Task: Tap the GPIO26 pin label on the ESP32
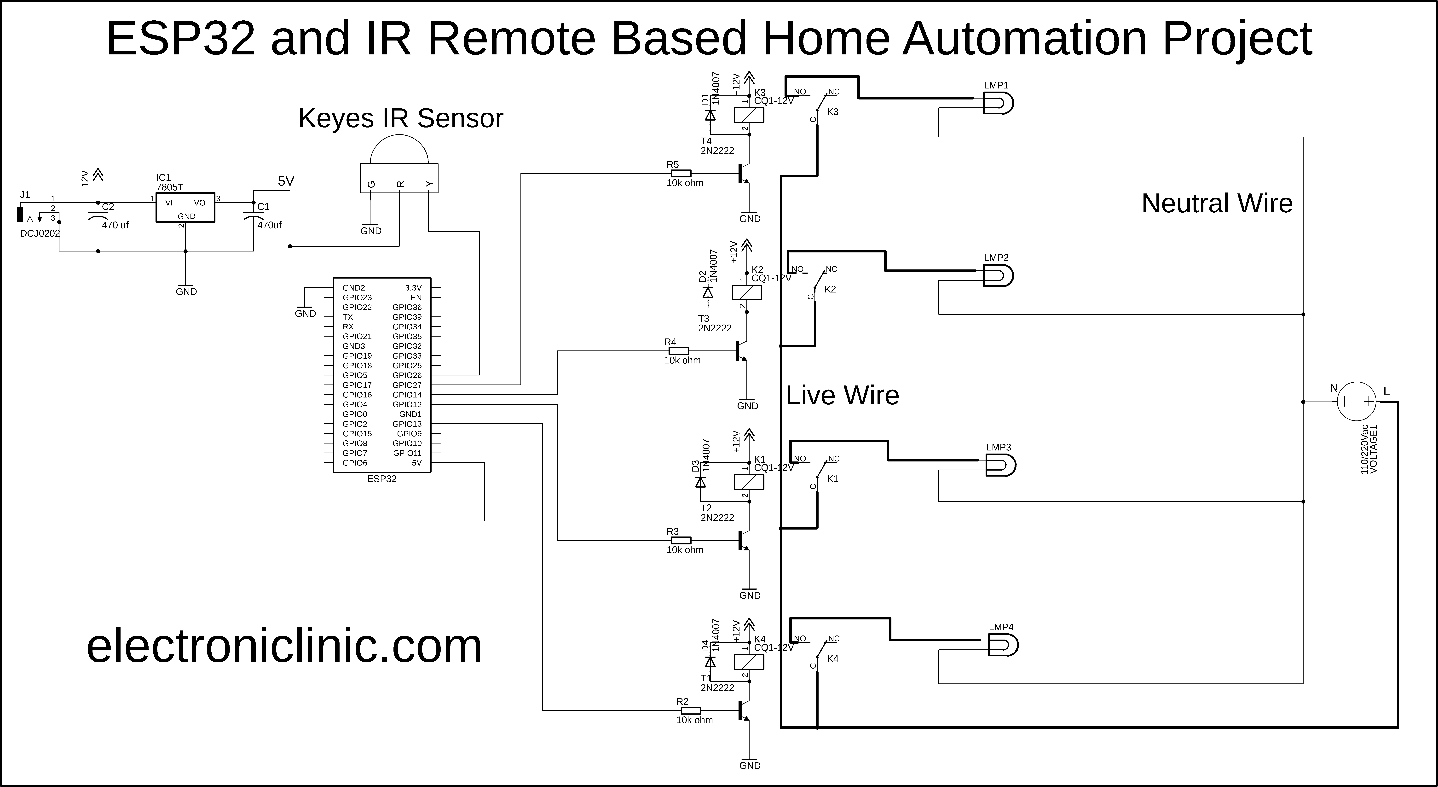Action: [x=407, y=375]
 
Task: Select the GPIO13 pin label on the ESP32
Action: [x=407, y=424]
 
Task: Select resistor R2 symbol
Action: [x=691, y=711]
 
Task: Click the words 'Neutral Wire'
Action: [x=1217, y=203]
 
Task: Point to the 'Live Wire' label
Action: [x=842, y=396]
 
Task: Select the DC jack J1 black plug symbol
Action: [x=21, y=215]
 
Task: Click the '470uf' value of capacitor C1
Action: [x=269, y=225]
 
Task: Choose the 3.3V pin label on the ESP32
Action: [x=413, y=288]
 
